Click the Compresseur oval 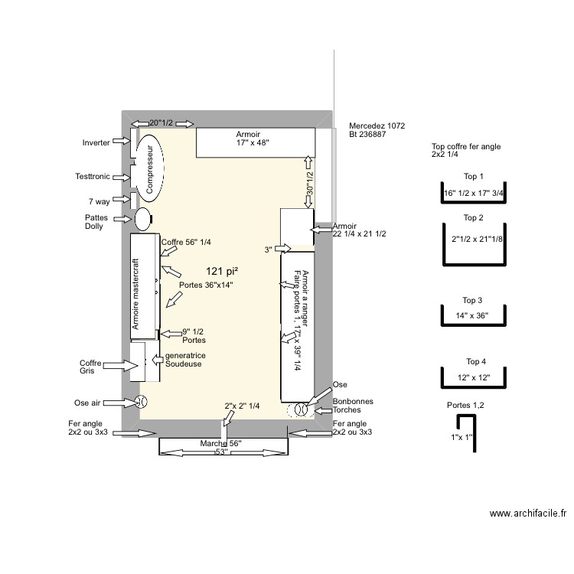[x=150, y=171]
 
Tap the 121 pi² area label [x=222, y=271]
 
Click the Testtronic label [x=92, y=177]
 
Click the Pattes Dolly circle [x=143, y=218]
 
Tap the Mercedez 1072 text [x=377, y=126]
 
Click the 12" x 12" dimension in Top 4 [x=471, y=378]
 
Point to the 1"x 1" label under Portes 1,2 [x=461, y=438]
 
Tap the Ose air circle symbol [x=141, y=402]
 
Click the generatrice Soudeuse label [x=184, y=360]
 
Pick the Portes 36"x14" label [x=205, y=285]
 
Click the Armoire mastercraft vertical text [x=135, y=294]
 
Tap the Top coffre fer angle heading [x=466, y=150]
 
